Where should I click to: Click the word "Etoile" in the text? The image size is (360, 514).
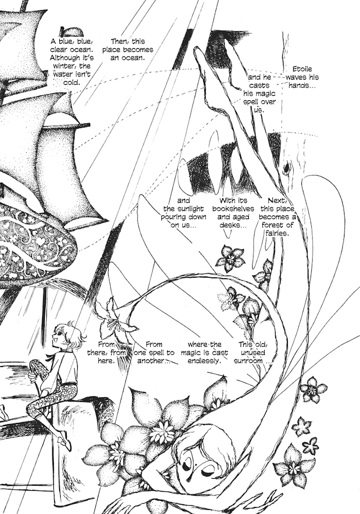click(302, 69)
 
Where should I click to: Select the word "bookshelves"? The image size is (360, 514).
click(233, 209)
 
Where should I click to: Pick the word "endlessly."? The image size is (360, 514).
click(204, 361)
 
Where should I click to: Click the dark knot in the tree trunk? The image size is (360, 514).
click(286, 168)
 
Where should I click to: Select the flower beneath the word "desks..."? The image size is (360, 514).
click(230, 258)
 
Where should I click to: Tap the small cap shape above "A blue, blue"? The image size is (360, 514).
click(71, 32)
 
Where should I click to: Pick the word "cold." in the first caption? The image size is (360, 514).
click(71, 83)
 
